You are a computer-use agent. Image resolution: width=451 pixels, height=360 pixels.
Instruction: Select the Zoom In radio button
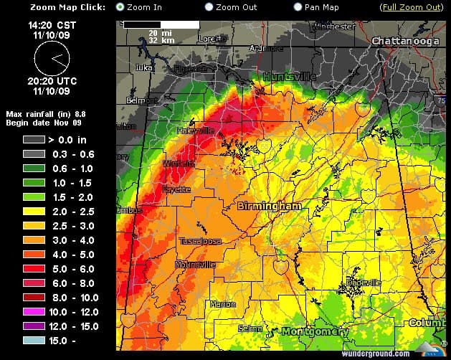click(120, 7)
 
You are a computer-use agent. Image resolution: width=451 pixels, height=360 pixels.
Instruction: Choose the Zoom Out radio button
click(209, 7)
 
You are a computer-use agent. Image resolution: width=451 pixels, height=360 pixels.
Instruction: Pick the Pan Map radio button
click(298, 7)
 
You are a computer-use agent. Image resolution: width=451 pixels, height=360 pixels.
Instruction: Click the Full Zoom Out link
click(411, 7)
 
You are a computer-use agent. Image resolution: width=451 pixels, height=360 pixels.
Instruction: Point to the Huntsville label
click(289, 76)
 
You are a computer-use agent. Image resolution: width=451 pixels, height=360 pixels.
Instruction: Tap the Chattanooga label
click(404, 42)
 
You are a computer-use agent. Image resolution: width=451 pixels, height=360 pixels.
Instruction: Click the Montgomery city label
click(315, 331)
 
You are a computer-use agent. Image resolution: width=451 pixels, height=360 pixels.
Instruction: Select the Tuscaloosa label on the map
click(200, 241)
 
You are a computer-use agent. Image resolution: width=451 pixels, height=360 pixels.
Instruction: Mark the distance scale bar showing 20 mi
click(161, 25)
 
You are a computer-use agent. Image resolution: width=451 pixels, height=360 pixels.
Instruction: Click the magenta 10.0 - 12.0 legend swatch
click(34, 312)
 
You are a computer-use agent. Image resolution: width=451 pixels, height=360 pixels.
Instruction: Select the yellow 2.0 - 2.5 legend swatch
click(34, 212)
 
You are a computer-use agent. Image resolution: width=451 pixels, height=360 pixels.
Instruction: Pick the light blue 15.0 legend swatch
click(34, 341)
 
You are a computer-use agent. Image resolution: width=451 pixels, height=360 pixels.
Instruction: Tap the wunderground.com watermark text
click(381, 353)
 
